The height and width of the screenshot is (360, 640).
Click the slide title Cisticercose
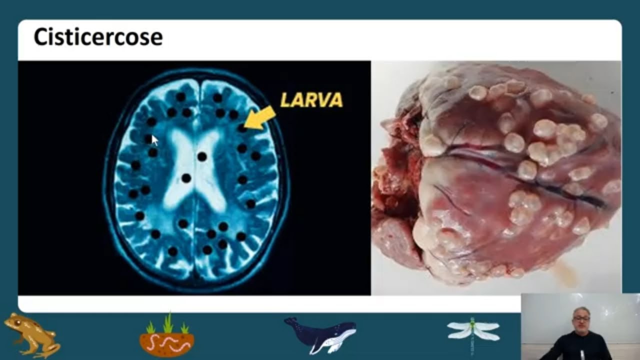click(98, 37)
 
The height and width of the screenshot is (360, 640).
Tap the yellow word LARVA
click(311, 100)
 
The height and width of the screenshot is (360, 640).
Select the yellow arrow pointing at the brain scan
click(260, 118)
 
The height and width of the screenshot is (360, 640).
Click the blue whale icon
click(321, 334)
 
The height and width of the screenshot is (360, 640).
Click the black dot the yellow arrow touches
click(242, 128)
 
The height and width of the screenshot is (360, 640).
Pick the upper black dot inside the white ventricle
click(202, 156)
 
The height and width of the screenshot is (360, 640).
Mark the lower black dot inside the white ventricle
click(186, 178)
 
